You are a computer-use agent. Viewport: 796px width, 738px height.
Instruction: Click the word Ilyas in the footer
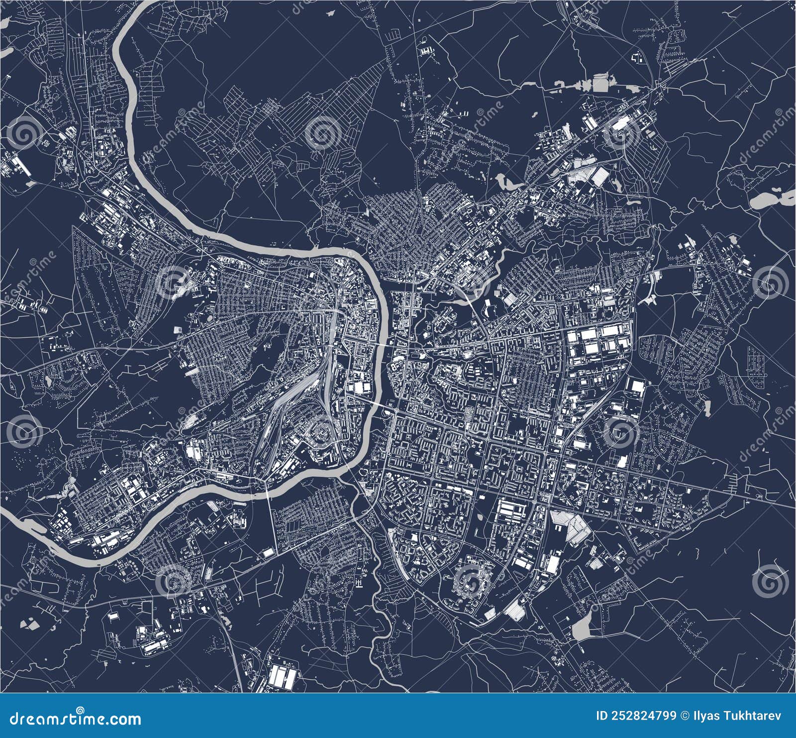(x=719, y=716)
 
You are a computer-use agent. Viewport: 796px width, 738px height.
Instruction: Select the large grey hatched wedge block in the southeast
(x=572, y=526)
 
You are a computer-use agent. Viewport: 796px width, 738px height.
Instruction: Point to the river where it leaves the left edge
(x=7, y=518)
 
